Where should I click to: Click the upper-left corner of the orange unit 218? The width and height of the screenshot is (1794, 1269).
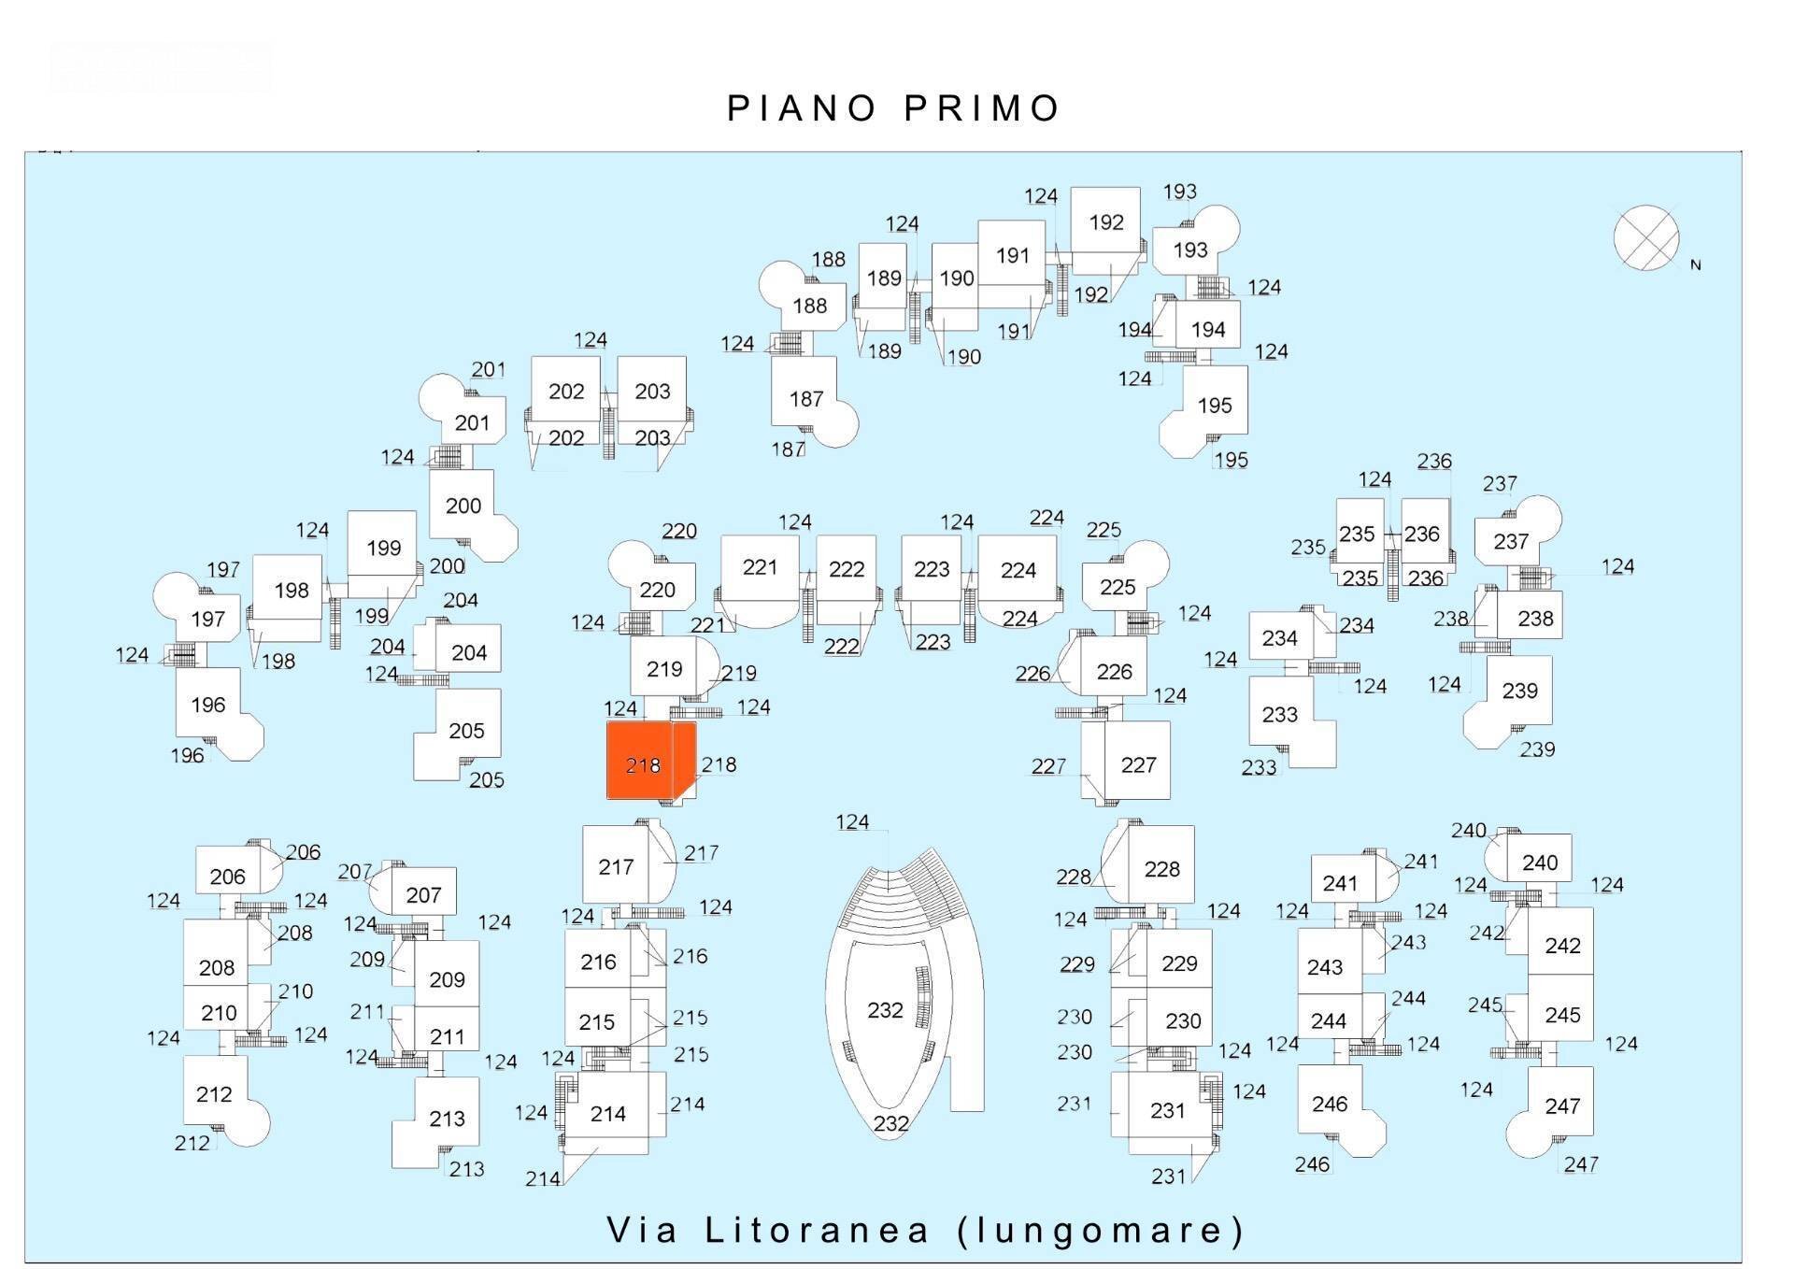point(607,721)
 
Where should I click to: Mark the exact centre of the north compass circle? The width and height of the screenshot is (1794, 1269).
point(1646,237)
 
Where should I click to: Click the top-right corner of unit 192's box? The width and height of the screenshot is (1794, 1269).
point(1140,188)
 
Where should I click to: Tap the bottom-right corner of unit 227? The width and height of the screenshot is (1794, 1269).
point(1170,799)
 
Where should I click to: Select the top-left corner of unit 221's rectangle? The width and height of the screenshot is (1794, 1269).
point(722,535)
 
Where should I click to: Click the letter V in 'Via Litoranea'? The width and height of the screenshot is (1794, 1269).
point(619,1230)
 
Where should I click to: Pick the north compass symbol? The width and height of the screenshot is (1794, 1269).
point(1646,237)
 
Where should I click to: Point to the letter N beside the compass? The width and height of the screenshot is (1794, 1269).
point(1696,265)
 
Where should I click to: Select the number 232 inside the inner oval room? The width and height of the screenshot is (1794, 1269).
point(885,1010)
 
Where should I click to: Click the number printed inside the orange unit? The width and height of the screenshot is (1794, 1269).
point(643,766)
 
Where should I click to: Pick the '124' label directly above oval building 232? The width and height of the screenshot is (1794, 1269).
point(852,822)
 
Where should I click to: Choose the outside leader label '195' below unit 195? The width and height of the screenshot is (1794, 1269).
point(1231,460)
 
